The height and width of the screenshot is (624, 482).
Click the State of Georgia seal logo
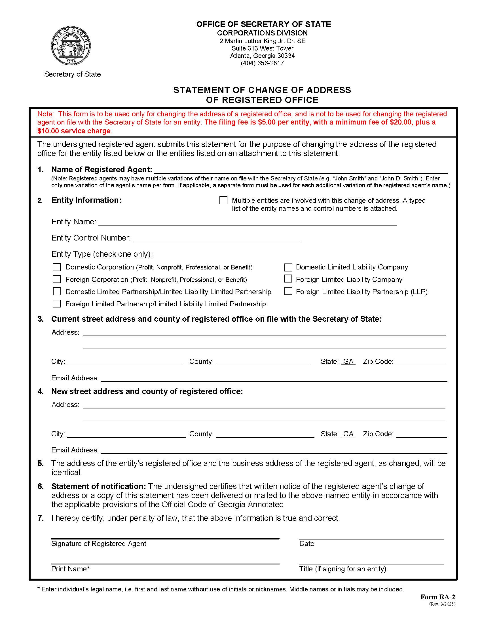[x=71, y=46]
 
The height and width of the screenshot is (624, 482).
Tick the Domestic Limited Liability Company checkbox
[x=288, y=267]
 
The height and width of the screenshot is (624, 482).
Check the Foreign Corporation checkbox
[x=57, y=279]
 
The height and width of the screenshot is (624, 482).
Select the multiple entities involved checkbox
[x=223, y=200]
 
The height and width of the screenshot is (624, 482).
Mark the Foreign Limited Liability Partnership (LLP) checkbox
[x=288, y=291]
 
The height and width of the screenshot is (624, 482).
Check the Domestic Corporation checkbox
[x=57, y=267]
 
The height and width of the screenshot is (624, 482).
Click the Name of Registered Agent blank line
[x=301, y=170]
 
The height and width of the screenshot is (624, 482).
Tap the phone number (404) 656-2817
[x=262, y=63]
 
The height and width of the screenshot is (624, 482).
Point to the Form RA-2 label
[x=437, y=597]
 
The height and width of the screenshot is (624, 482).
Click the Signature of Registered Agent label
[x=99, y=543]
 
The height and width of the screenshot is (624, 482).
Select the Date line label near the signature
[x=307, y=543]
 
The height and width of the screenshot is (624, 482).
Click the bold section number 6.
[x=41, y=486]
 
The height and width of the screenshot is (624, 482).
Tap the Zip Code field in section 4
[x=421, y=434]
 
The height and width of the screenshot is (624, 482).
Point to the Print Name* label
[x=70, y=569]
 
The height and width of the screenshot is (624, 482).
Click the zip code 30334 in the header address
[x=286, y=56]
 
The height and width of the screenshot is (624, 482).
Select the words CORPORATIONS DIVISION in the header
[x=262, y=33]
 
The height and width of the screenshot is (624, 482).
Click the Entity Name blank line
[x=247, y=222]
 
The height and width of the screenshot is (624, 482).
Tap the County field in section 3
[x=263, y=362]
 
